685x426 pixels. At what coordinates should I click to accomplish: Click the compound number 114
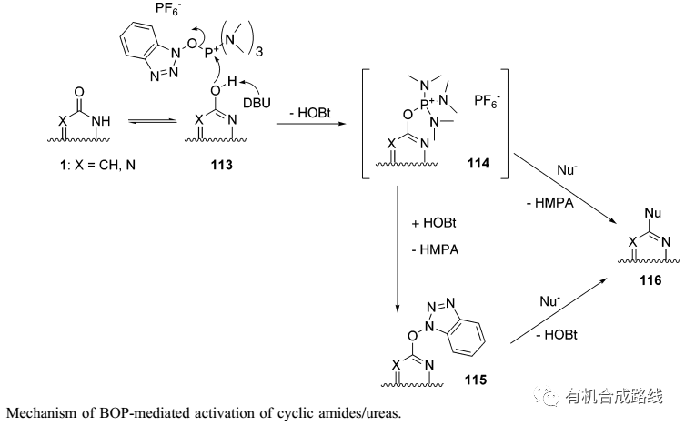click(x=477, y=163)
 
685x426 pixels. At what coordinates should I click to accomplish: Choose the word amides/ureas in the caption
click(x=359, y=413)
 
